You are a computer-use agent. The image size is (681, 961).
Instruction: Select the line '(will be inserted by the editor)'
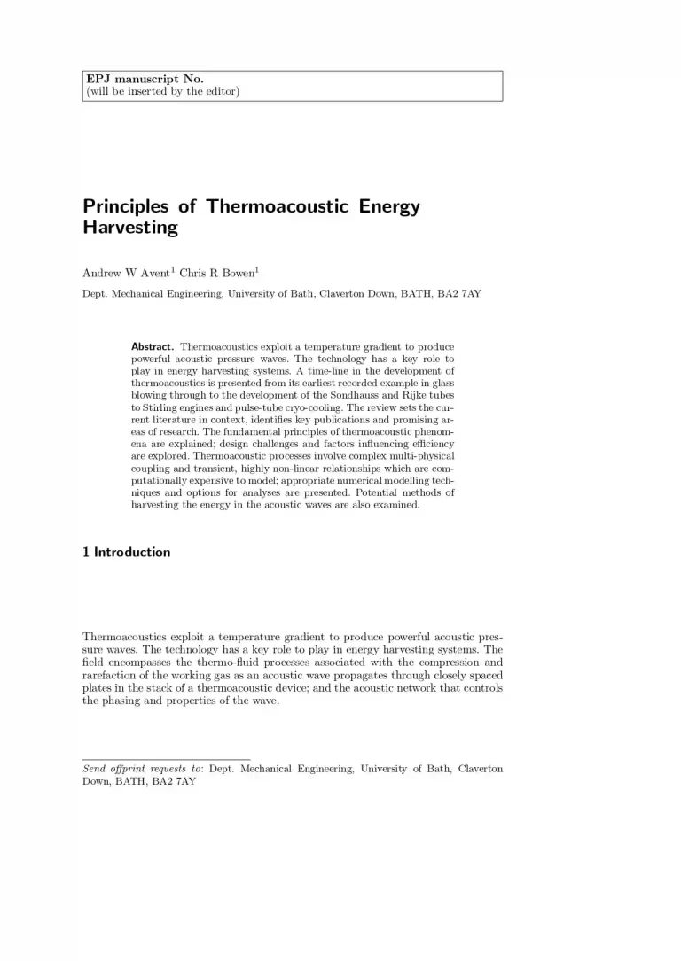162,92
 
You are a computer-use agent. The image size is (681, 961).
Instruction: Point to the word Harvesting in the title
130,229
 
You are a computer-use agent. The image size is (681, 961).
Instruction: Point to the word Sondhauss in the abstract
364,392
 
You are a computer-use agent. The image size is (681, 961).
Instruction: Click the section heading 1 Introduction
126,553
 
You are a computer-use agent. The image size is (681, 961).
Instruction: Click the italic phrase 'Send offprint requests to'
142,769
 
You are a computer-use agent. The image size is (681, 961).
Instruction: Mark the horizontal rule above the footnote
166,759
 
